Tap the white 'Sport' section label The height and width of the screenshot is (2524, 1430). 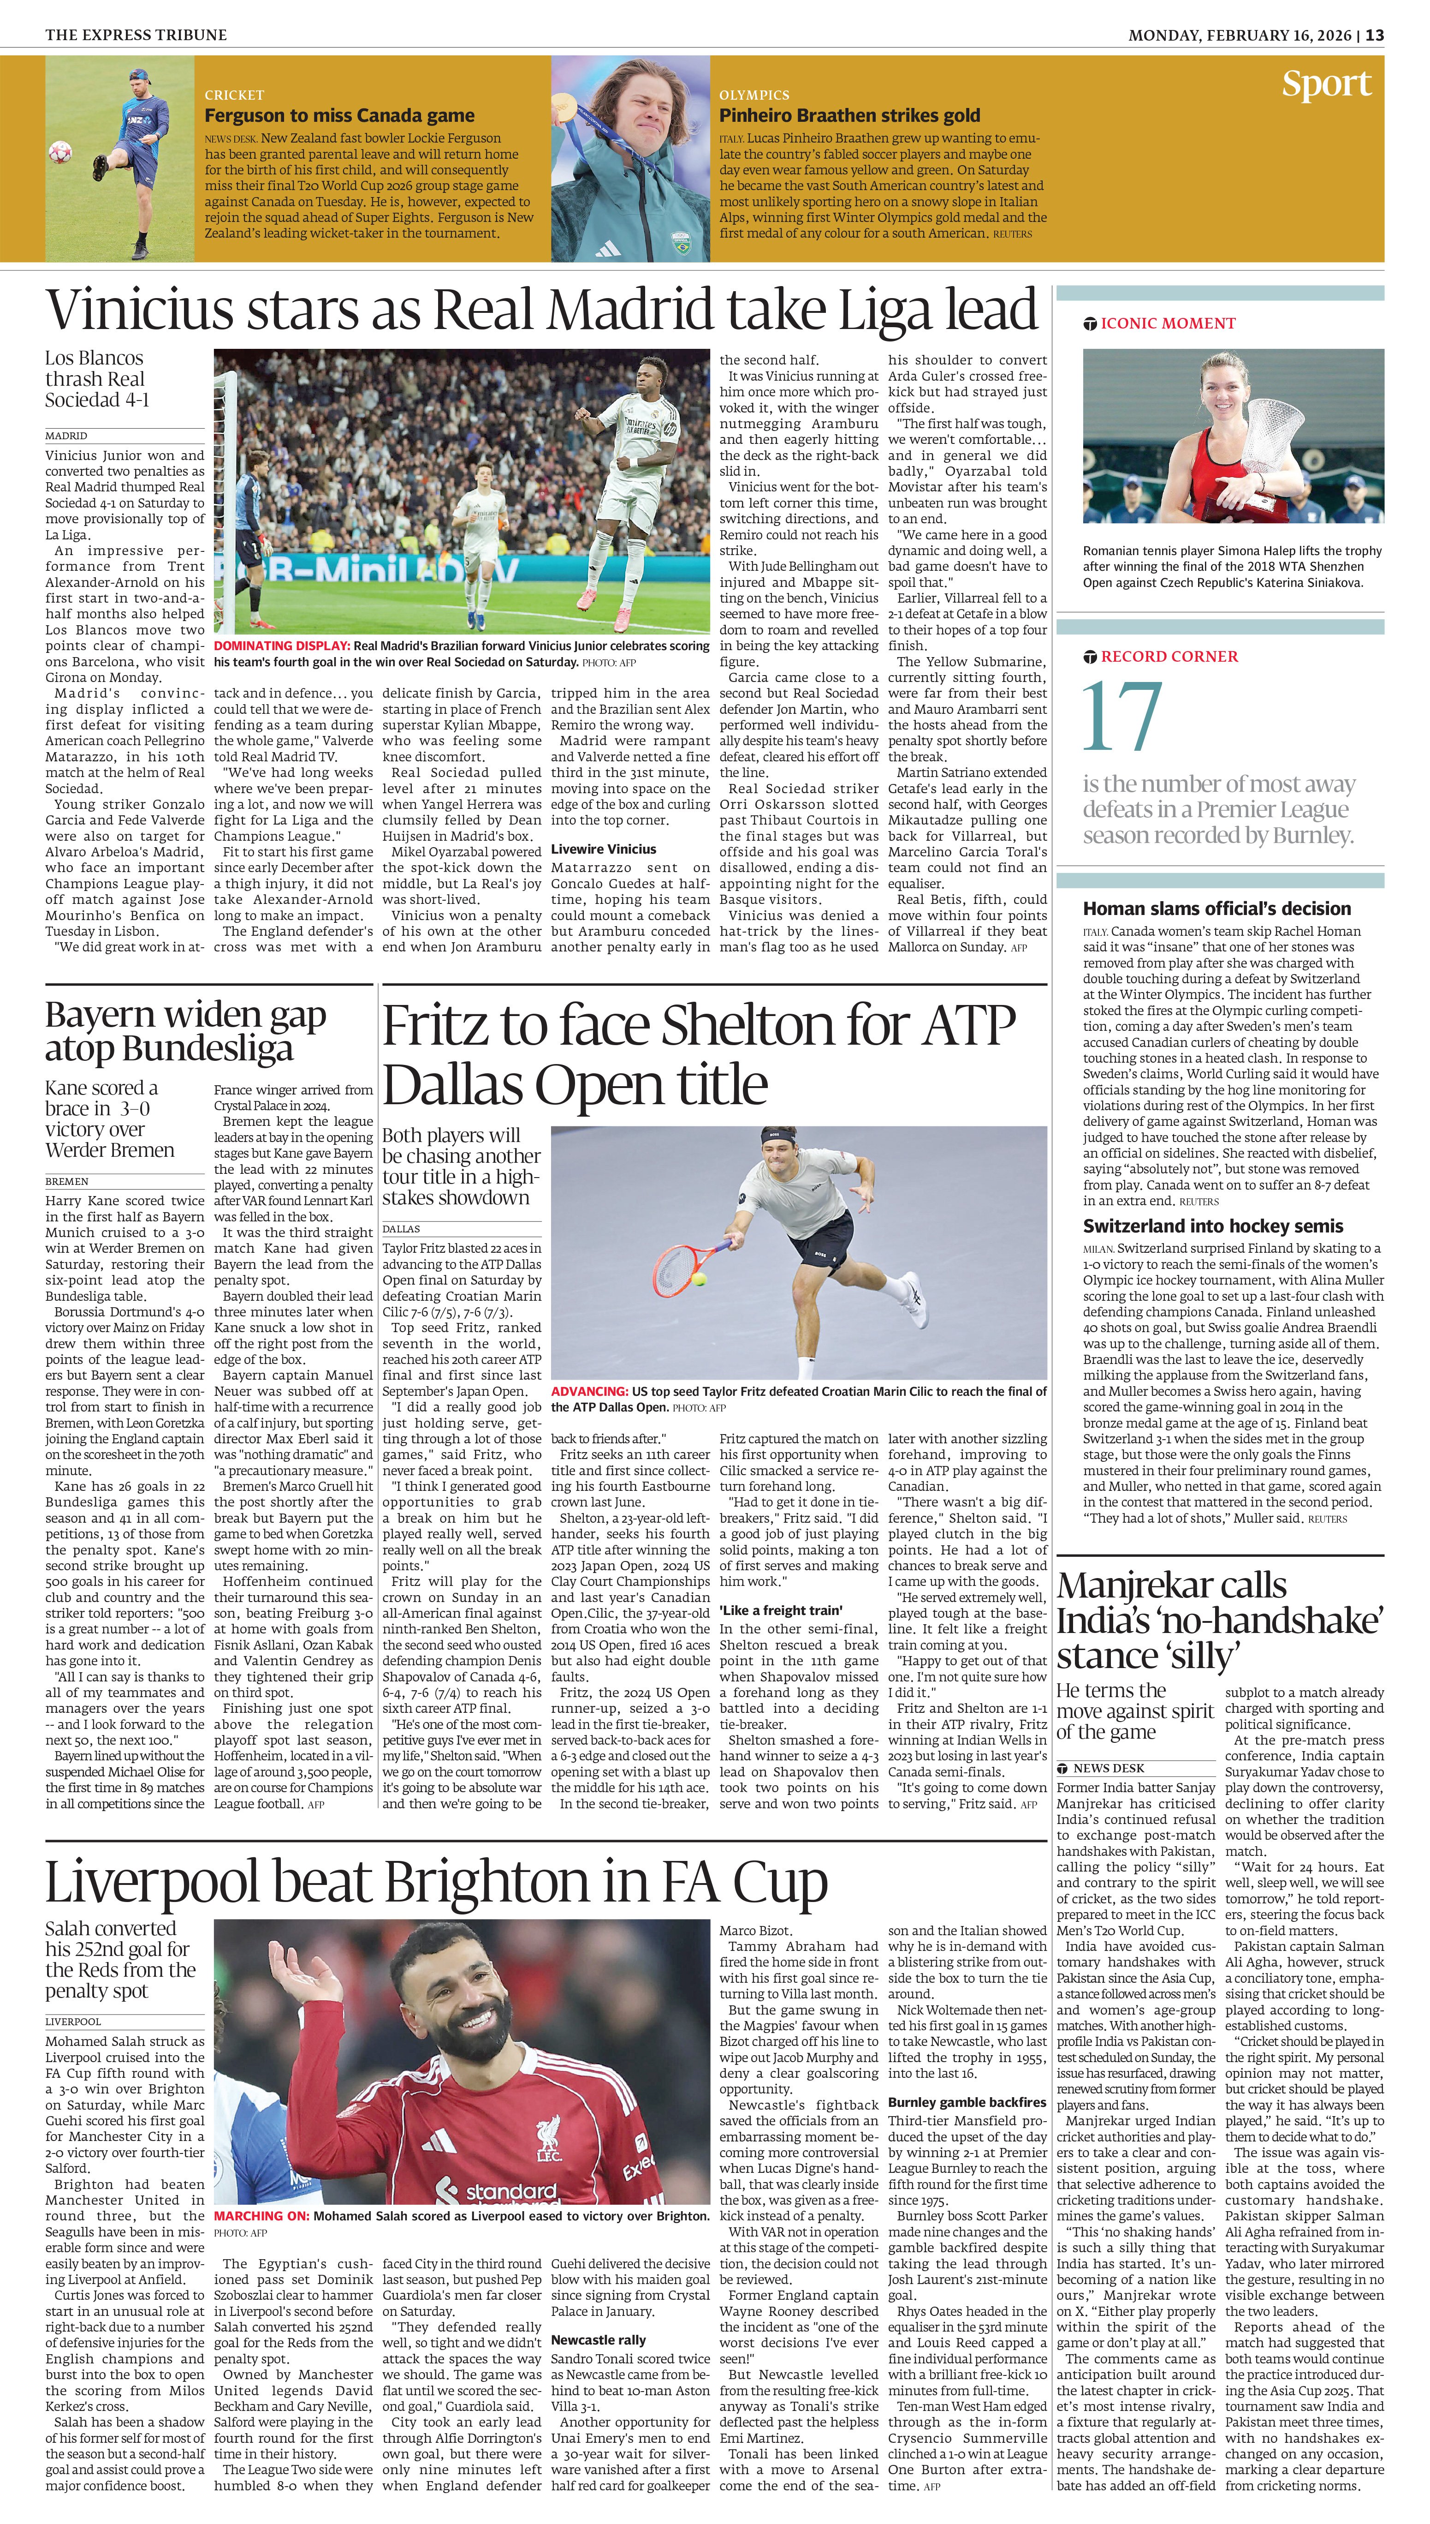[x=1326, y=84]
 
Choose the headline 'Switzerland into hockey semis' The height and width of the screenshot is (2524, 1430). [x=1213, y=1226]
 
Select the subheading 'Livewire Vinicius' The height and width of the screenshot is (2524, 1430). [x=603, y=849]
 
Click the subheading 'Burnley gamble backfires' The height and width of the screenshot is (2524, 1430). [x=967, y=2103]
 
